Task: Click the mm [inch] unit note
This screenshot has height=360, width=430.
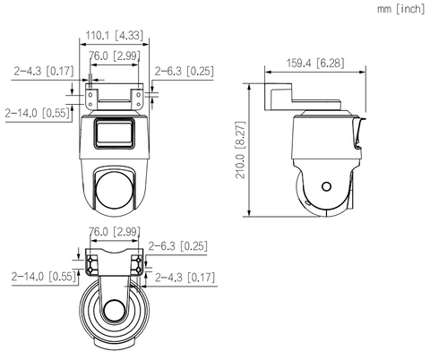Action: (x=400, y=9)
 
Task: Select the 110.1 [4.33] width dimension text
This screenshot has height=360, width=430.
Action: (x=115, y=36)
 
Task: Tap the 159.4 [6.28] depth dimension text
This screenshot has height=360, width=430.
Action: (x=315, y=64)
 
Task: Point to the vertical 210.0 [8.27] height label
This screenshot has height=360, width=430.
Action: (x=240, y=150)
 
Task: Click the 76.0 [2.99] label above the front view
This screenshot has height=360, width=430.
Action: (x=115, y=56)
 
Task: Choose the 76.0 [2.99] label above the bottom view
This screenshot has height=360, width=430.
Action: (x=115, y=231)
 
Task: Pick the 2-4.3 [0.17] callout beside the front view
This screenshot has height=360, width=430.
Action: (x=44, y=71)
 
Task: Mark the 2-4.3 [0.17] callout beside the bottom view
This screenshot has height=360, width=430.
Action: (x=185, y=278)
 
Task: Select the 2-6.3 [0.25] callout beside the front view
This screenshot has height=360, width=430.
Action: (x=185, y=72)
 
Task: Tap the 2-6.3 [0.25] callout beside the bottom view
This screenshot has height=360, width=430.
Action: (x=178, y=246)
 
